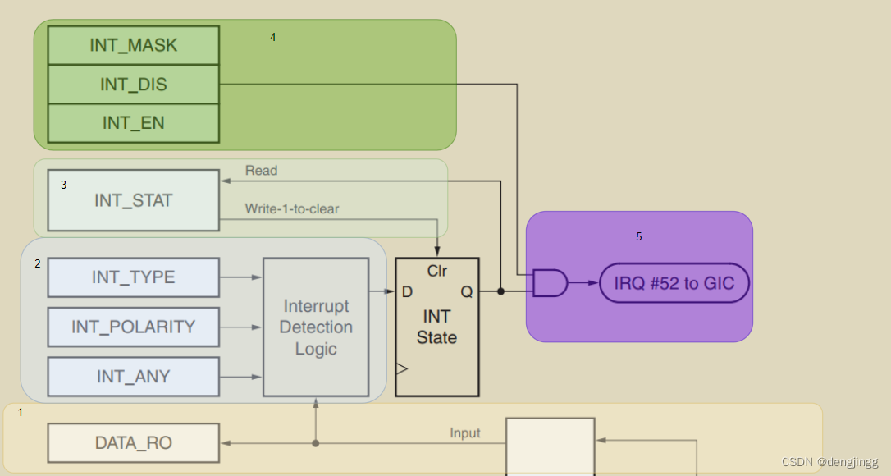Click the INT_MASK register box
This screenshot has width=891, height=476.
(134, 45)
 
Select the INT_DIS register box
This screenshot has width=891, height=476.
(134, 85)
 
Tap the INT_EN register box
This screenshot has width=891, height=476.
(134, 123)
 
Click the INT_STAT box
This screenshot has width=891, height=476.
(134, 200)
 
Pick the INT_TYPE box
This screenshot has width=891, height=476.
(134, 277)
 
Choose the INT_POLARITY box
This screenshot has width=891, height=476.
(134, 327)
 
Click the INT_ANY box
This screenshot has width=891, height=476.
(134, 377)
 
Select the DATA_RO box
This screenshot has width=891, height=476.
(134, 443)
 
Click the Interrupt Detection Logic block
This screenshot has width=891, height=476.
(316, 327)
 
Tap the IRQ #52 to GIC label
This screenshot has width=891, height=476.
(674, 283)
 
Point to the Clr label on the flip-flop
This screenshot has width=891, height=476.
(436, 271)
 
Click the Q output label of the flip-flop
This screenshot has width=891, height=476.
(466, 291)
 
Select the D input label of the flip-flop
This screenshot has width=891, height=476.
(408, 291)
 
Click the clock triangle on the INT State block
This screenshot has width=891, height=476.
(401, 369)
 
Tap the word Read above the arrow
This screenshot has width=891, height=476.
(261, 171)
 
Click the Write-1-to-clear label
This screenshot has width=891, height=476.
(292, 209)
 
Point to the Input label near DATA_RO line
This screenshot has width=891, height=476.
(465, 433)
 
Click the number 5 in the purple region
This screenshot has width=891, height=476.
(639, 237)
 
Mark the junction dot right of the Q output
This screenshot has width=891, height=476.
(500, 291)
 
